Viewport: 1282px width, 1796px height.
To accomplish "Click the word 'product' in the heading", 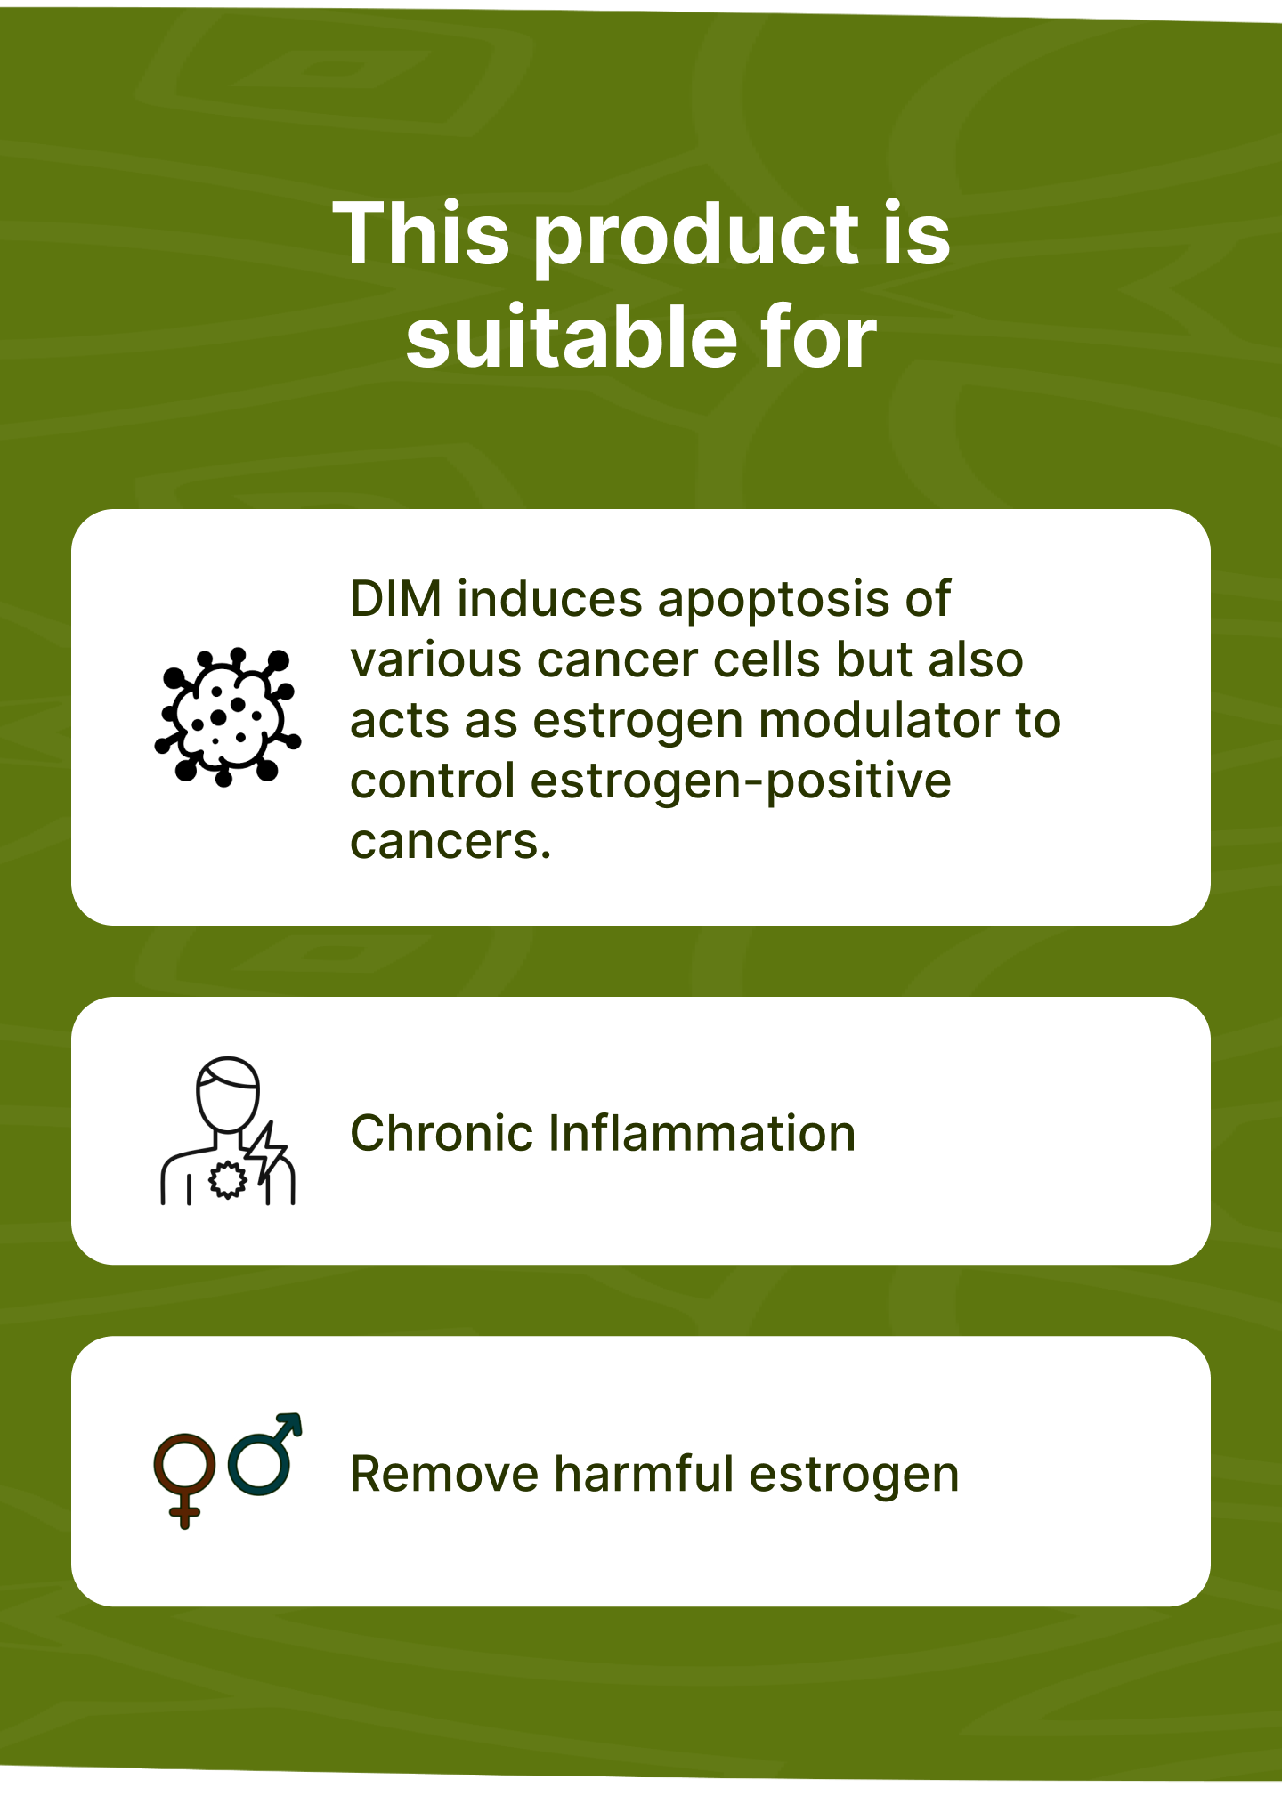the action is (698, 236).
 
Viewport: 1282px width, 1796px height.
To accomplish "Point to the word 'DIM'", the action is (396, 599).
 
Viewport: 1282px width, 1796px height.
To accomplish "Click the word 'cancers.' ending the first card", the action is (450, 843).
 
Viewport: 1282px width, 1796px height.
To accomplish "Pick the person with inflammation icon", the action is (228, 1130).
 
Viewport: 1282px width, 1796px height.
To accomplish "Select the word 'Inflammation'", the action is (702, 1133).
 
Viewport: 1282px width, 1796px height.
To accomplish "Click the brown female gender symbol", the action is (185, 1480).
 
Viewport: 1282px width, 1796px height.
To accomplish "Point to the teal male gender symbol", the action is (265, 1453).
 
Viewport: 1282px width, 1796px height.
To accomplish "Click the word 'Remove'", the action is (444, 1474).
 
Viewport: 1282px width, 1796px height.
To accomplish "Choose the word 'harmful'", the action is (644, 1474).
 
